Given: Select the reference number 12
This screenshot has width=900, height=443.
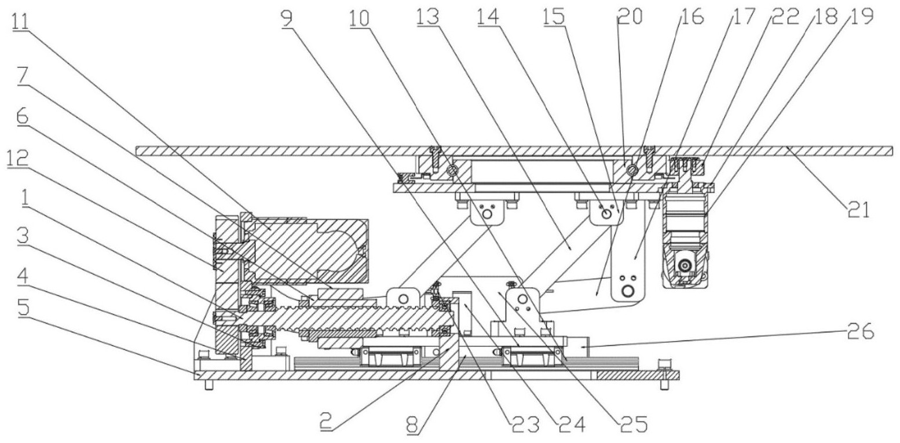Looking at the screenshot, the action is click(x=17, y=160).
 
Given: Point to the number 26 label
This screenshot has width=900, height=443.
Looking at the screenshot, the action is click(x=861, y=332).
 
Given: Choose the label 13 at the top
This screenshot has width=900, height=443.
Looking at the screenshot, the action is click(x=428, y=18).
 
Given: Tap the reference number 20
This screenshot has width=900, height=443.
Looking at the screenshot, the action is click(x=630, y=17).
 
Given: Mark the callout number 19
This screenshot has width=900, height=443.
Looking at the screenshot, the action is click(x=861, y=16).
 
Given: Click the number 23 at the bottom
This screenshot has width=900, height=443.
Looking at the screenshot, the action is click(x=524, y=424).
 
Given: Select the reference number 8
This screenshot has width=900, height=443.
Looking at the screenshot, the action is click(x=412, y=424).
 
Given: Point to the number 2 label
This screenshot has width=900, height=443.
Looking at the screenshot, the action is click(x=327, y=422).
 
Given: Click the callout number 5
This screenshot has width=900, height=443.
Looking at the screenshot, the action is click(x=24, y=309).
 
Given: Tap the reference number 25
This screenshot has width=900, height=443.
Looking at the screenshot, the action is click(x=633, y=424).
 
